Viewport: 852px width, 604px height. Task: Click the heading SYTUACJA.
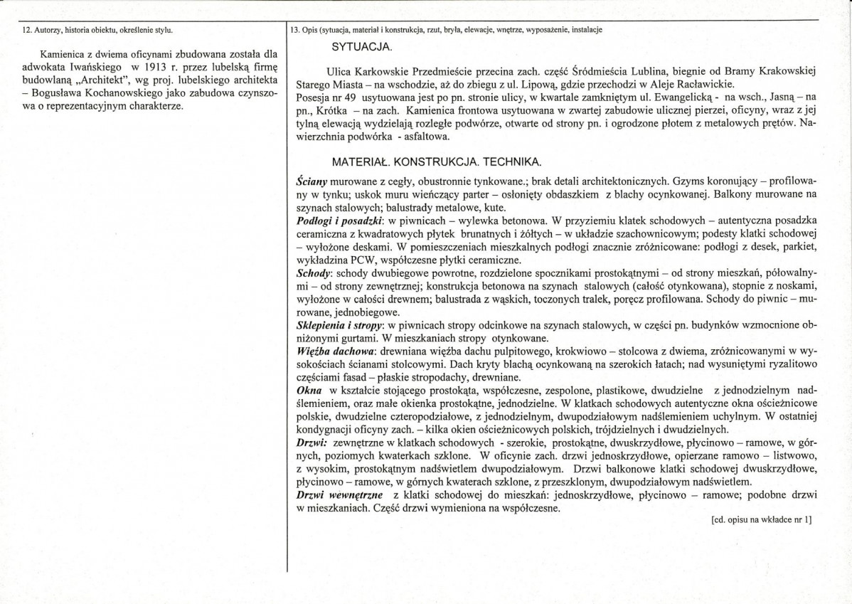click(x=362, y=46)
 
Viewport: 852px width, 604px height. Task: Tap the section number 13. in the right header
click(x=296, y=30)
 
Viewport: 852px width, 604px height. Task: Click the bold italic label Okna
click(x=307, y=390)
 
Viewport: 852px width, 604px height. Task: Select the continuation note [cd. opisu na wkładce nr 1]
click(x=761, y=520)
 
